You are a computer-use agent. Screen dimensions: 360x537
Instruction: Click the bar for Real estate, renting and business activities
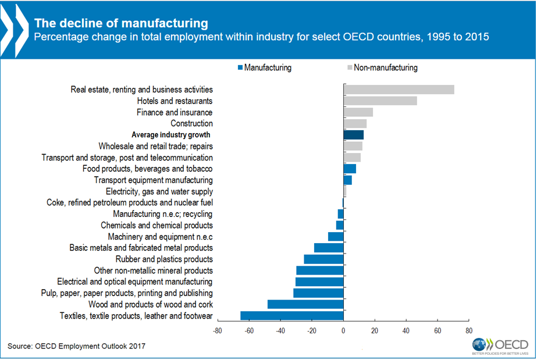tap(399, 90)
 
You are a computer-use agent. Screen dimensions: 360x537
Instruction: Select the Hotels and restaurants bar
tap(380, 101)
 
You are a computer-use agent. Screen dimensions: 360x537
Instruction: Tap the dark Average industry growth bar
tap(353, 135)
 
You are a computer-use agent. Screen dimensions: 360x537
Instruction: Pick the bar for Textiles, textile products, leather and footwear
tap(291, 316)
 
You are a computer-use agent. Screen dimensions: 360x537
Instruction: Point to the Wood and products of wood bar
tap(305, 304)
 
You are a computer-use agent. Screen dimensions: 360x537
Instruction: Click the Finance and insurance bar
tap(358, 112)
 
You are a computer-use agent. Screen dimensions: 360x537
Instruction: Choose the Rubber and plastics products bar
tap(323, 259)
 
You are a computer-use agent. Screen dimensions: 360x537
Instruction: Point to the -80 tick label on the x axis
tap(217, 331)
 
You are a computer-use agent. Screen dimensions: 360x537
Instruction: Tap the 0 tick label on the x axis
tap(343, 331)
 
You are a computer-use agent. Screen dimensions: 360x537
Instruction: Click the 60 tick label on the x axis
tap(438, 331)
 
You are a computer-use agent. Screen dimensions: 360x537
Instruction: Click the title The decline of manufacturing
tap(120, 24)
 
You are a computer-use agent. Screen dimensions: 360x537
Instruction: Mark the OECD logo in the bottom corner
tap(500, 344)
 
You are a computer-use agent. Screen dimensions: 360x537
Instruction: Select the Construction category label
tap(191, 123)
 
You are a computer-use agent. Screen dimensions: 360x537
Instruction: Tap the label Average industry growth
tap(172, 135)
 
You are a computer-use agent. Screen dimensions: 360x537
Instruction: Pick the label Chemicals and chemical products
tap(157, 225)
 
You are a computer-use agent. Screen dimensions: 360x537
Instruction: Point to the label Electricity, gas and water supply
tap(159, 191)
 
